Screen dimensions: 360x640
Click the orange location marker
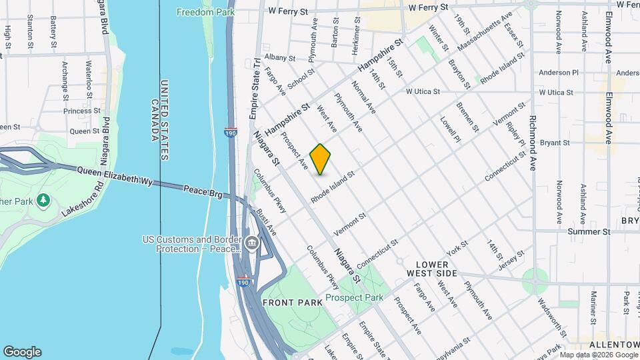tap(321, 159)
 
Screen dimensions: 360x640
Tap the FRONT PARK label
tap(293, 302)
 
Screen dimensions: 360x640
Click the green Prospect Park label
tap(354, 297)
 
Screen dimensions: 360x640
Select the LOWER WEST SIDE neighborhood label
tap(432, 269)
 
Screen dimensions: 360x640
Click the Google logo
tap(21, 352)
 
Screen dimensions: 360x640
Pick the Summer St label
tap(589, 231)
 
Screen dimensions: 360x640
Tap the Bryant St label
tap(554, 142)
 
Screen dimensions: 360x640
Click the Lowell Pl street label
tap(450, 130)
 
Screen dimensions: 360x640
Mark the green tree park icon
tap(43, 199)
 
